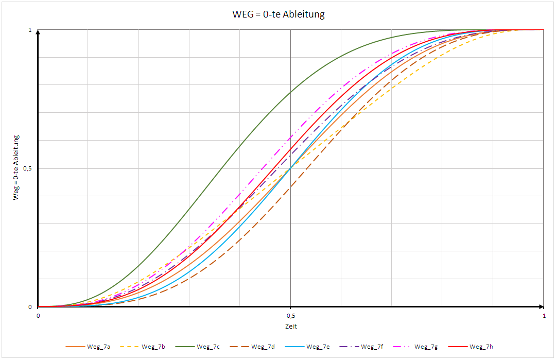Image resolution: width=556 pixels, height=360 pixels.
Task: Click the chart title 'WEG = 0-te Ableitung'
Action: click(x=279, y=14)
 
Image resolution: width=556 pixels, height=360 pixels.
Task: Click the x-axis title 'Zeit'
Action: click(x=291, y=326)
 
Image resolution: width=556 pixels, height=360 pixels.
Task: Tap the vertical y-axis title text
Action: click(x=16, y=167)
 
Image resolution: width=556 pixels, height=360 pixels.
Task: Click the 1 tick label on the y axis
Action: click(x=30, y=30)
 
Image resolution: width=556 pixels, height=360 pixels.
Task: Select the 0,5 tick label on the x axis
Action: click(x=291, y=315)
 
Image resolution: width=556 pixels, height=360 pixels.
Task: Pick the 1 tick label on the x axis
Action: click(x=543, y=315)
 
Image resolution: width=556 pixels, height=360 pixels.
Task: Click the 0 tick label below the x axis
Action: click(x=38, y=315)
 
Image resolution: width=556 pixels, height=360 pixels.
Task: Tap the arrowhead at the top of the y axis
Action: click(x=38, y=32)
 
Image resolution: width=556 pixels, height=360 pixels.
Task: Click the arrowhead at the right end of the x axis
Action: click(x=541, y=306)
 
